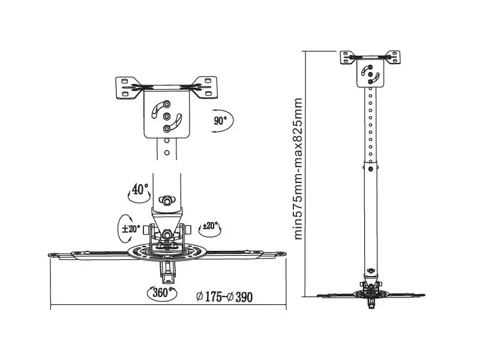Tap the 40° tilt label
[x=139, y=190]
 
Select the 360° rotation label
[x=161, y=293]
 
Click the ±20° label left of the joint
[x=131, y=229]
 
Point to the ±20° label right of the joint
[x=211, y=226]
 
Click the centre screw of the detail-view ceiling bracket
[x=167, y=116]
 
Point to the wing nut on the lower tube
[x=167, y=199]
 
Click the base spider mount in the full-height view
[x=371, y=293]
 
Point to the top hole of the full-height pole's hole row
[x=371, y=94]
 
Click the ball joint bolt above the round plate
[x=167, y=234]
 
